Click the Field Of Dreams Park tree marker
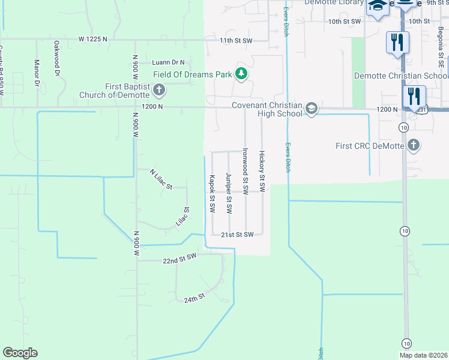point(241,74)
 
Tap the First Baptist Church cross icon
point(159,91)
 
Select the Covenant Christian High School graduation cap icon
point(311,109)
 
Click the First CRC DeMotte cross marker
point(413,145)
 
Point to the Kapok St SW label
point(212,193)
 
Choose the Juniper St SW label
point(229,193)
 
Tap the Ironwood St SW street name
point(245,170)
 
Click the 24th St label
point(194,297)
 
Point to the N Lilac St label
point(161,179)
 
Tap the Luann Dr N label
point(168,62)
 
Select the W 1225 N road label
point(92,39)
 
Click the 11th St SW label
point(236,40)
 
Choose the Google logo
point(20,353)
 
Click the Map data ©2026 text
point(423,355)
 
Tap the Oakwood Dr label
point(57,58)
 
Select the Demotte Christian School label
point(400,76)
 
